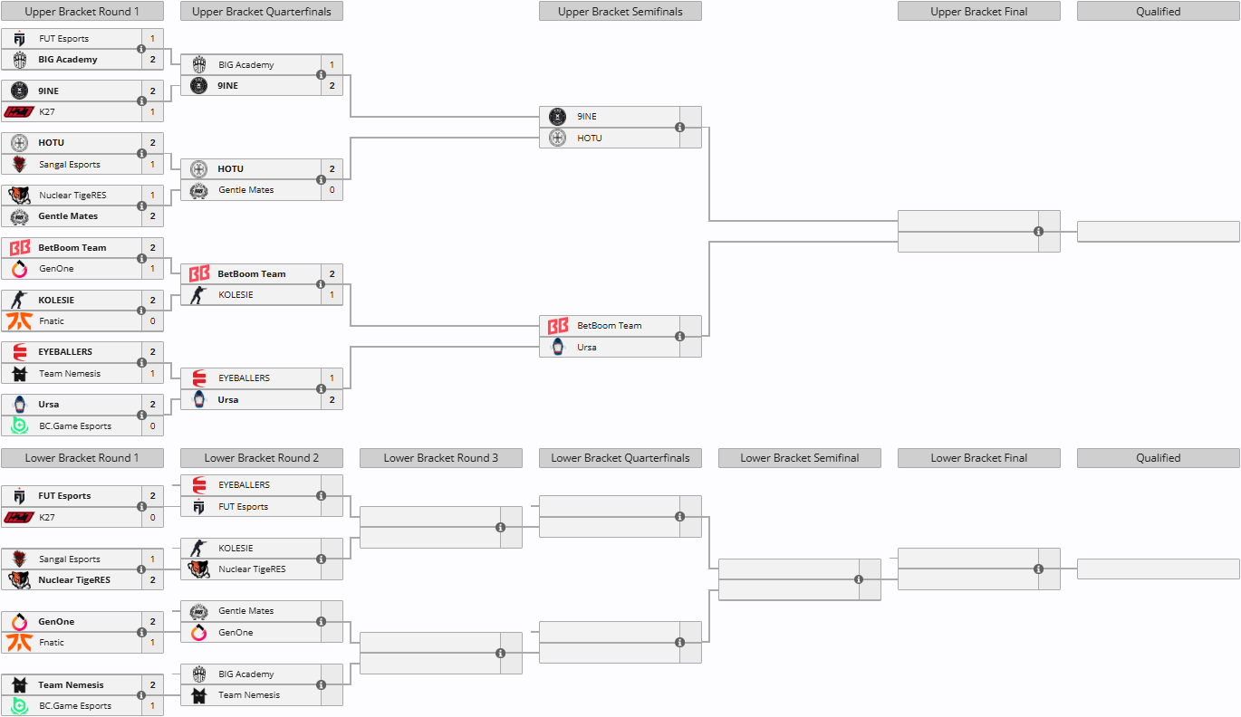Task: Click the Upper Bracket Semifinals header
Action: (x=620, y=12)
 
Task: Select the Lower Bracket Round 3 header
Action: (x=440, y=458)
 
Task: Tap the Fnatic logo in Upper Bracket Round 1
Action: (x=19, y=321)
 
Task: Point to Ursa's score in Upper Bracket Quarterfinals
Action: (x=332, y=399)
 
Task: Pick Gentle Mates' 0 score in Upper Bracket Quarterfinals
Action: (x=332, y=190)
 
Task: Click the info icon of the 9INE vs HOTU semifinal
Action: (x=679, y=128)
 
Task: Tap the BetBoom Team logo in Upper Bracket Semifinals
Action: (x=558, y=326)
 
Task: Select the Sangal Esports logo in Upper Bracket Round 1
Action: (x=19, y=165)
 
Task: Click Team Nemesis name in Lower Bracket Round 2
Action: (x=249, y=695)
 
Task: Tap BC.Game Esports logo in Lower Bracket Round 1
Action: (x=19, y=706)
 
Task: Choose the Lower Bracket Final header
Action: (x=978, y=458)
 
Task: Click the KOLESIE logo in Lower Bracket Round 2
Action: (x=198, y=549)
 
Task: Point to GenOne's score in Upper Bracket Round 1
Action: (x=152, y=269)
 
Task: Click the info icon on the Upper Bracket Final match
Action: (x=1038, y=232)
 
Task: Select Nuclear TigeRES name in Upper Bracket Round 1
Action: (x=69, y=196)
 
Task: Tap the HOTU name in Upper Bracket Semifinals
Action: (x=590, y=139)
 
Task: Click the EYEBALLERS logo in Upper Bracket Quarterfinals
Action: (x=198, y=378)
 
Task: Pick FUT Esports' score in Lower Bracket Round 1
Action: (x=152, y=496)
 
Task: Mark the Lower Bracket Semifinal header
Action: (x=799, y=458)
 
